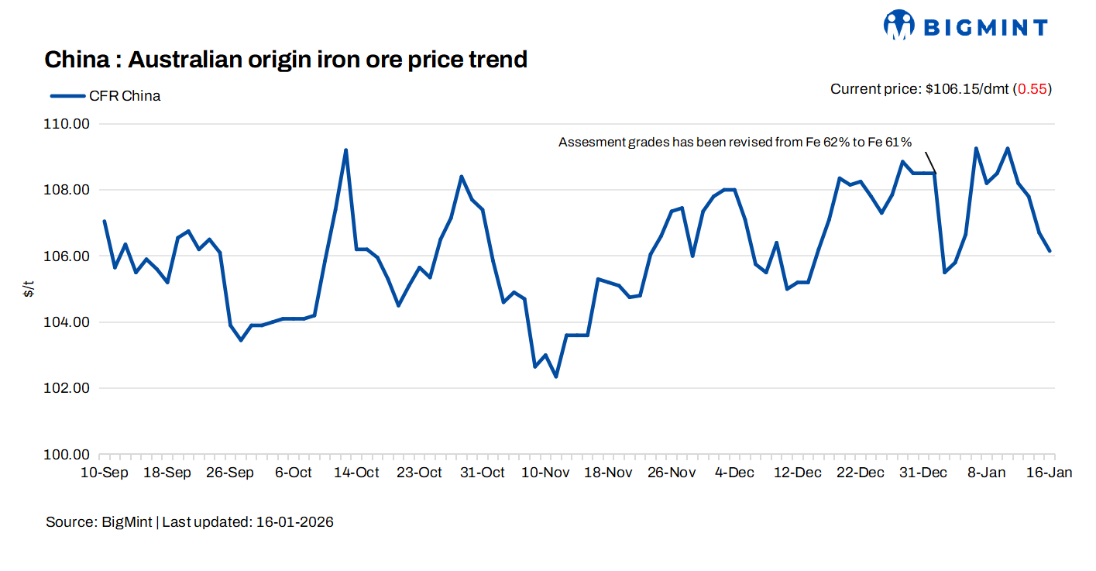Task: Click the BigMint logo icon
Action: pos(899,26)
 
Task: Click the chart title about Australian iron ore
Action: pos(286,59)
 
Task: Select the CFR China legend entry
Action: pos(105,96)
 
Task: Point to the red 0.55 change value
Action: pos(1032,89)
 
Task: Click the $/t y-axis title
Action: pos(29,290)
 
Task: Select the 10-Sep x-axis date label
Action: pos(104,473)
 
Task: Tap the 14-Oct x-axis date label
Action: pos(356,473)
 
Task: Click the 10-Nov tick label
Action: pos(545,473)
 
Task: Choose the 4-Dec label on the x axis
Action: pos(734,473)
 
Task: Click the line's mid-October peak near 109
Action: pos(345,150)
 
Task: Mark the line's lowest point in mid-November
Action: pos(556,377)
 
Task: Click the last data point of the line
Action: pos(1050,251)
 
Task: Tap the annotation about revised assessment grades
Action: pos(735,143)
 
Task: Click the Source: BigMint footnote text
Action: pos(101,522)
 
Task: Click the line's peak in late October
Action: pos(462,177)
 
